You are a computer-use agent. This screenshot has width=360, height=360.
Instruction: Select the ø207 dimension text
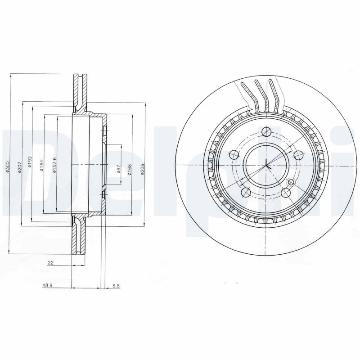19,167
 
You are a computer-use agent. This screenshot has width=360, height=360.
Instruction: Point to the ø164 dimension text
41,164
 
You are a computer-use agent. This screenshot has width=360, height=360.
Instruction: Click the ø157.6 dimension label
54,164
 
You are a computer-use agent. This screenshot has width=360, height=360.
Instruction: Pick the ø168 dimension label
130,170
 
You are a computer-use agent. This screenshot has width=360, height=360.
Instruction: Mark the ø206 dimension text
142,170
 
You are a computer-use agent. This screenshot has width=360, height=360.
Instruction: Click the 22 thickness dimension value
51,264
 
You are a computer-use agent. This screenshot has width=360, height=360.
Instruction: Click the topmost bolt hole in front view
266,132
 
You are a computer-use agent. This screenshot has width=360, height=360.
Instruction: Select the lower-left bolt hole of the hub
246,192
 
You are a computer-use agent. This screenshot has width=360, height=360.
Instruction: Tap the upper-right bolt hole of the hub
297,155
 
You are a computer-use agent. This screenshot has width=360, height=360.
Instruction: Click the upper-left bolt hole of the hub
234,155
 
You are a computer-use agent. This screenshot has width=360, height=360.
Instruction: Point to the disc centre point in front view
266,165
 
